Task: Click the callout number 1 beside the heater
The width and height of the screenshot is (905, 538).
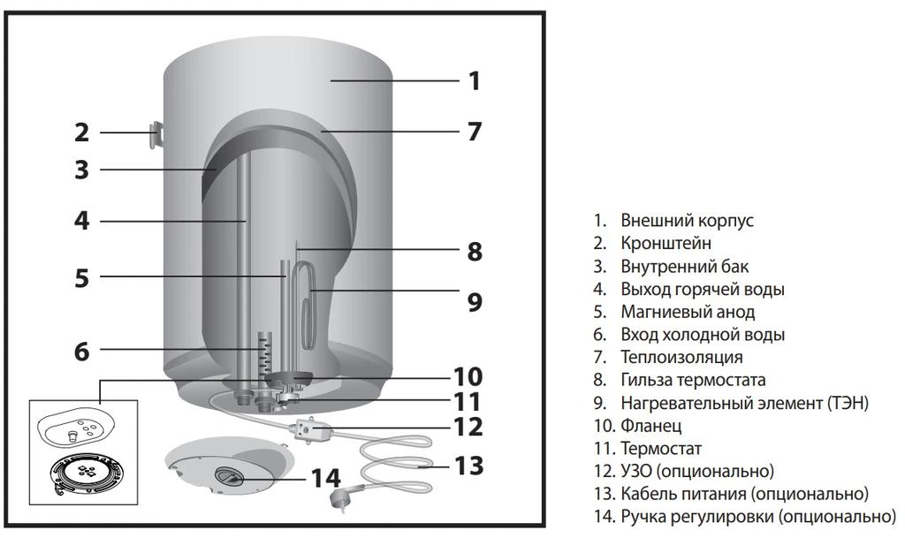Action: pyautogui.click(x=474, y=81)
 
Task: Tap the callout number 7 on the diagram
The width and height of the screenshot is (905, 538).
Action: pyautogui.click(x=475, y=132)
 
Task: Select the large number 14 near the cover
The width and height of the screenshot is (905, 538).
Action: pyautogui.click(x=324, y=478)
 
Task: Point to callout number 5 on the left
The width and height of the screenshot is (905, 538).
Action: pyautogui.click(x=81, y=277)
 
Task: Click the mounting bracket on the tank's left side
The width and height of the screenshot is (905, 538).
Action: pyautogui.click(x=156, y=135)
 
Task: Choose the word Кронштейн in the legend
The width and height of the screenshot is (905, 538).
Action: pyautogui.click(x=665, y=243)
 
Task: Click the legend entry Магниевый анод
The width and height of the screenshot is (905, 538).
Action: pyautogui.click(x=688, y=312)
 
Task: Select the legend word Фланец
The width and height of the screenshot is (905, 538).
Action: pyautogui.click(x=650, y=427)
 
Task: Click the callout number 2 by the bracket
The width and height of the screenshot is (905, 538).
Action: pyautogui.click(x=81, y=133)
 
